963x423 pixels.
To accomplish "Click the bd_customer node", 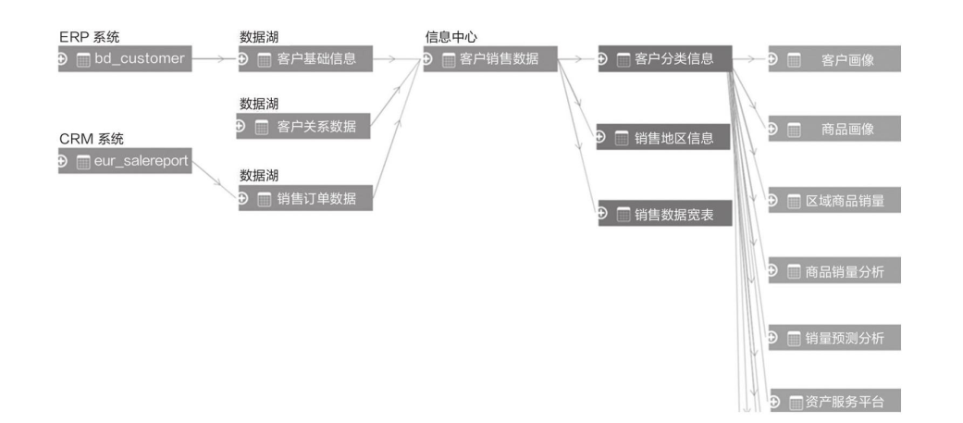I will coord(126,59).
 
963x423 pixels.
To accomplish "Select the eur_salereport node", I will coord(126,161).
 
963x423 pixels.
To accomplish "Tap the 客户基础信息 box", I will coord(305,59).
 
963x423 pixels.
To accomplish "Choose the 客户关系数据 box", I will coord(305,126).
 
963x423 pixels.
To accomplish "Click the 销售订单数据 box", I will coord(305,197).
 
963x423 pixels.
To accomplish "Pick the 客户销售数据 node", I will coord(490,59).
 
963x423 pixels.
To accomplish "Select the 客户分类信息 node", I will coord(664,59).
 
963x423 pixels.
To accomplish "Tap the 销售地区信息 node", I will coord(664,138).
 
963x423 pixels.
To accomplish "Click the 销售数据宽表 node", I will coord(664,214).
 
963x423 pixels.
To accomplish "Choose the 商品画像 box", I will coord(834,129).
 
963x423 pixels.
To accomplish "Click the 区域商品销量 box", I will coord(834,201).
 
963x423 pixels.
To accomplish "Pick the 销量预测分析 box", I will coord(834,338).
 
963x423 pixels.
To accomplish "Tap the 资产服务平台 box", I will coord(834,402).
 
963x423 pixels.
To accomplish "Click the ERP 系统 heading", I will coord(90,37).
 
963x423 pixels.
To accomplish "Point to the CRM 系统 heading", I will coord(92,140).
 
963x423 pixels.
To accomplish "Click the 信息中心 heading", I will coord(451,37).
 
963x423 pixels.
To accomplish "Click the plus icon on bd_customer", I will coord(63,59).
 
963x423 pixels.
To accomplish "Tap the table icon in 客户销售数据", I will coord(450,60).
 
